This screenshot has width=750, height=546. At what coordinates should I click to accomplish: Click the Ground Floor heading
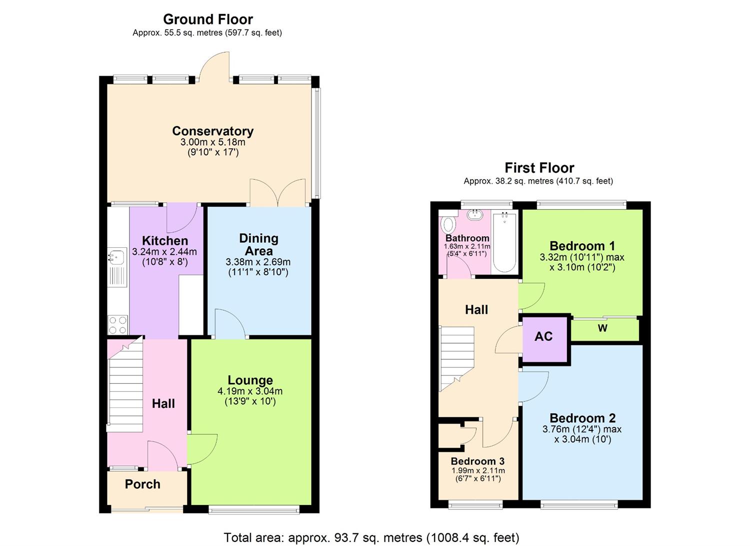pos(208,20)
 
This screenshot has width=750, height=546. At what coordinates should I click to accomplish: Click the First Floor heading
pos(539,168)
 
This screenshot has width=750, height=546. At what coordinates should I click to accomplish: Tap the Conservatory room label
pos(212,131)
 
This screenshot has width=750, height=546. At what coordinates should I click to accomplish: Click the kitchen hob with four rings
pos(118,325)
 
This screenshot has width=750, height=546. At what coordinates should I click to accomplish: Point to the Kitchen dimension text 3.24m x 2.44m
pos(164,252)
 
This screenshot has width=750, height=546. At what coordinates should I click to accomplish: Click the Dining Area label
pos(258,244)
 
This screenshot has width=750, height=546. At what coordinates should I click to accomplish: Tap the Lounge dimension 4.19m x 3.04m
pos(250,391)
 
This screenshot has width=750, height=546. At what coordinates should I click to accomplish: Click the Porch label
pos(142,484)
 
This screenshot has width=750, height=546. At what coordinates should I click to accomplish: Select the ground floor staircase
pos(125,385)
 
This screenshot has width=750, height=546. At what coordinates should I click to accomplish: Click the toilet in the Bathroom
pos(447,224)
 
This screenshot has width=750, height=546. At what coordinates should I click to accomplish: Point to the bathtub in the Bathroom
pos(504,242)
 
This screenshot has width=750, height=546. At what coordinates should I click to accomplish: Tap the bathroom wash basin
pos(474,215)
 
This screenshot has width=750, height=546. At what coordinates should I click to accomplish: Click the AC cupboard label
pos(543,336)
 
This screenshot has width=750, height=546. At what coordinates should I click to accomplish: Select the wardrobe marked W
pos(603,328)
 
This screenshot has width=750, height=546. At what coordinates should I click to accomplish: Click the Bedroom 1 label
pos(582,246)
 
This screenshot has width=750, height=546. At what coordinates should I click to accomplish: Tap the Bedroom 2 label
pos(582,418)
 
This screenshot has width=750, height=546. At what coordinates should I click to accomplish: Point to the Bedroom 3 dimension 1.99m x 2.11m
pos(478,471)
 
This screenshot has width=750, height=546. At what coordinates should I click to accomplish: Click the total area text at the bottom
pos(371,538)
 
